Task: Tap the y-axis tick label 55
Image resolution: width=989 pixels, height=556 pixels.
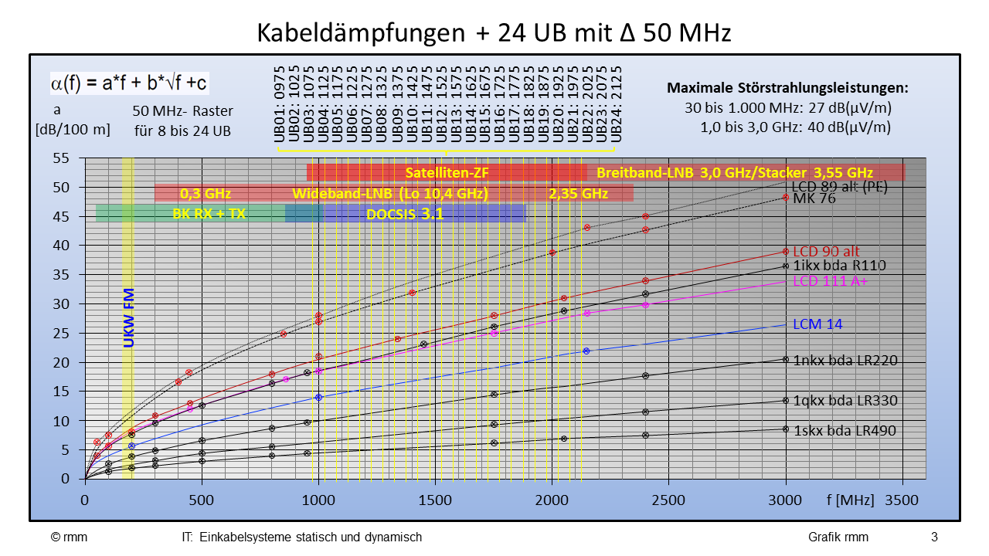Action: tap(61, 158)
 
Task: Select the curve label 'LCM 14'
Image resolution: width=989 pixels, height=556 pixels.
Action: tap(817, 324)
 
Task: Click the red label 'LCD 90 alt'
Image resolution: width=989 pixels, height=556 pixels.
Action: tap(826, 252)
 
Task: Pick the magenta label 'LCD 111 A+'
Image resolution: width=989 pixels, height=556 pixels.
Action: tap(831, 281)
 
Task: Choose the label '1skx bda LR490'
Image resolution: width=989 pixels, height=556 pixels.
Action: tap(845, 431)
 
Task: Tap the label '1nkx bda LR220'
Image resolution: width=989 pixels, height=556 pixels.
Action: tap(845, 360)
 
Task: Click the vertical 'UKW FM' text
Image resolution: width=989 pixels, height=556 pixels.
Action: tap(129, 317)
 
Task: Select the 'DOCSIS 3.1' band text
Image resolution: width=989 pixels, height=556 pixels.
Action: tap(405, 215)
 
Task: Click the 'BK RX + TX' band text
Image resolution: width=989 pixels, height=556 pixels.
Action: tap(209, 214)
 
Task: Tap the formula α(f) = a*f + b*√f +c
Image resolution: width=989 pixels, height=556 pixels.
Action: tap(129, 83)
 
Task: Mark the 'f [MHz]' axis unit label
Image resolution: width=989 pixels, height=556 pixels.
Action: tap(850, 500)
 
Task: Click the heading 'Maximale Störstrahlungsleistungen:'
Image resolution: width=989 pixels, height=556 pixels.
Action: tap(787, 88)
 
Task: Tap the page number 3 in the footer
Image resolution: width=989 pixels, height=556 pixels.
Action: tap(934, 537)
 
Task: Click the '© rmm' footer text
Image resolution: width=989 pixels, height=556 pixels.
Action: tap(70, 537)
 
